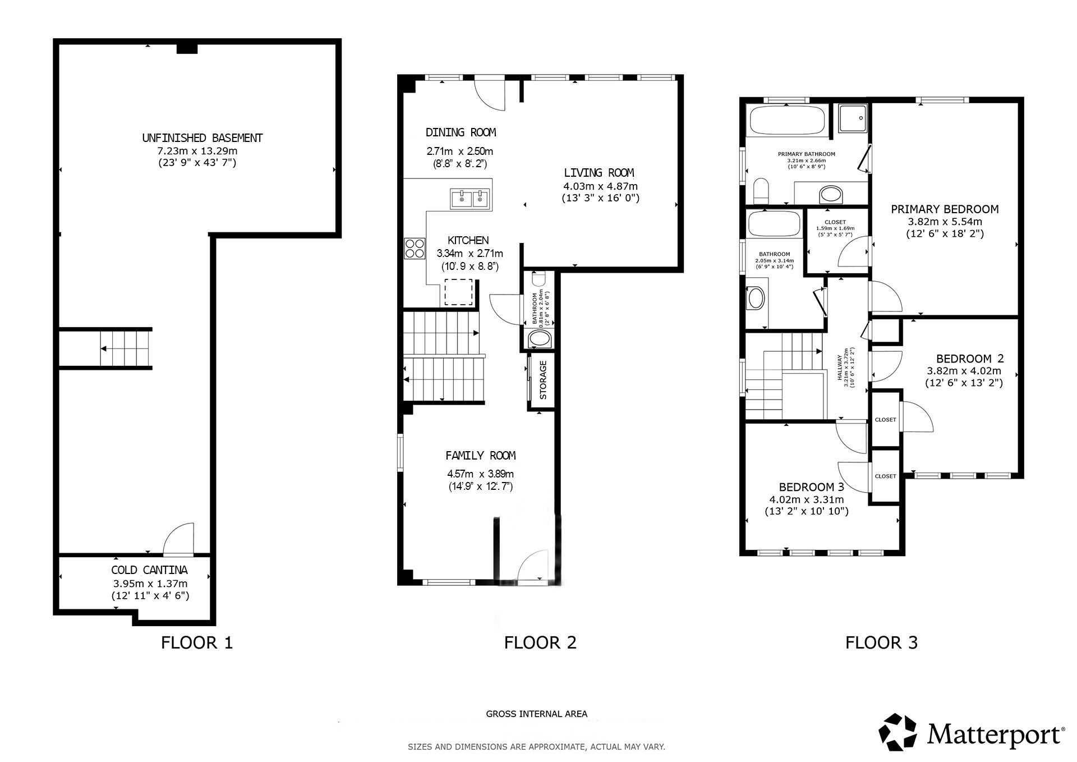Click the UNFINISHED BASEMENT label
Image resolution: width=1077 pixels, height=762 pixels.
(x=202, y=137)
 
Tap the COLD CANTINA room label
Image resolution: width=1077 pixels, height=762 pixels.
(x=149, y=570)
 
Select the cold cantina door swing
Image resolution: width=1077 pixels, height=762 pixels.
(x=178, y=539)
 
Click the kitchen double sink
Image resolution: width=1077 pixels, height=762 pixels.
(x=469, y=198)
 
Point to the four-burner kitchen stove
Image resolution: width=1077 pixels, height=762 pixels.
(x=415, y=249)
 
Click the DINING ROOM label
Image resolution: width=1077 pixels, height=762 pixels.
(x=461, y=132)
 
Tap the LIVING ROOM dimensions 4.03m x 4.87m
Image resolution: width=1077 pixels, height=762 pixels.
(x=600, y=186)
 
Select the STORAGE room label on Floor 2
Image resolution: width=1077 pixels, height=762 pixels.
(x=542, y=380)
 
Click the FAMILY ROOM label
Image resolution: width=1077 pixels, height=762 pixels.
(x=480, y=456)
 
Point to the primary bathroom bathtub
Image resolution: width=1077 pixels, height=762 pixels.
(x=787, y=120)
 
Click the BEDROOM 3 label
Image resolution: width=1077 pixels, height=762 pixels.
(x=811, y=487)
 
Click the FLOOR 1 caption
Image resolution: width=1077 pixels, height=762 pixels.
(x=196, y=642)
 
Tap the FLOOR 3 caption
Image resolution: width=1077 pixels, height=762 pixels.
(x=881, y=642)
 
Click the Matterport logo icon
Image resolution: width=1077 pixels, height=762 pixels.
(x=897, y=731)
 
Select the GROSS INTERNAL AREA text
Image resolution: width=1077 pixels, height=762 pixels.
(x=536, y=714)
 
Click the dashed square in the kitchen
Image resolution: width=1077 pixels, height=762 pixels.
(x=458, y=292)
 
